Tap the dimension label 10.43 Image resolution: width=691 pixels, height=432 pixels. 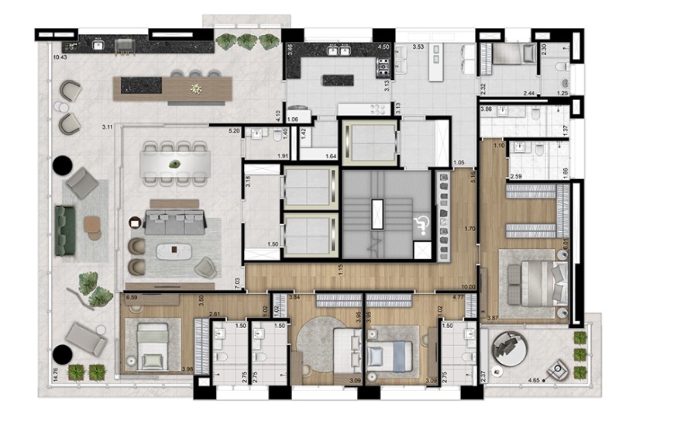point(59,57)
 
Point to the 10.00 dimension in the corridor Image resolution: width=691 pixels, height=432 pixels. point(469,266)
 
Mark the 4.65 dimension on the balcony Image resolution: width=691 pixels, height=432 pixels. point(534,380)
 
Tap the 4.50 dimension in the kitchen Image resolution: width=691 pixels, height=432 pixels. point(382,47)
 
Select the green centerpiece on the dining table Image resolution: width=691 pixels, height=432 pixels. point(175,164)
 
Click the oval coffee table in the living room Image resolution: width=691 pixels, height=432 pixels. point(173,251)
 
